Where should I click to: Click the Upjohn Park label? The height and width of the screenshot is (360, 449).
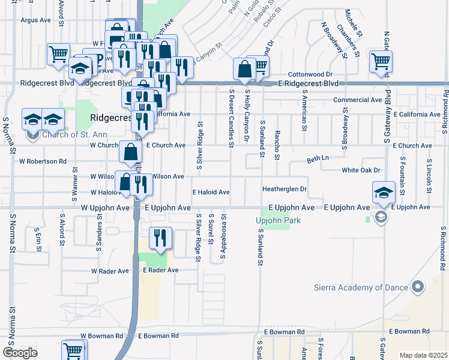coord(278,220)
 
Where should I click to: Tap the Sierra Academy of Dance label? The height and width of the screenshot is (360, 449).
coord(364,287)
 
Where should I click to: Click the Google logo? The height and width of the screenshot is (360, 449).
coord(20,353)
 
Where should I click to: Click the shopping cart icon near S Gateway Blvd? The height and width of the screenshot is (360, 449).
coord(381,61)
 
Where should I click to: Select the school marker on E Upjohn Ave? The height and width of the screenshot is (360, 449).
coord(384,193)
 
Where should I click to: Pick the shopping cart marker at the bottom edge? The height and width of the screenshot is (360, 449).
coord(74,350)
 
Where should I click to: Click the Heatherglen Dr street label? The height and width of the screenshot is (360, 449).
coord(285,189)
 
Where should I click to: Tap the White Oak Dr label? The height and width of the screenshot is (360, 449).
coord(361,170)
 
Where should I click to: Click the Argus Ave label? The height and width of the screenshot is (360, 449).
coord(36,20)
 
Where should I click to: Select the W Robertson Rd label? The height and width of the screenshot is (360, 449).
coord(43,161)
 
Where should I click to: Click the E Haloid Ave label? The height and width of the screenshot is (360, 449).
coord(211,192)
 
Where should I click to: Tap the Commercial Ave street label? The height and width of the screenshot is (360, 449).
coord(357,100)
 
